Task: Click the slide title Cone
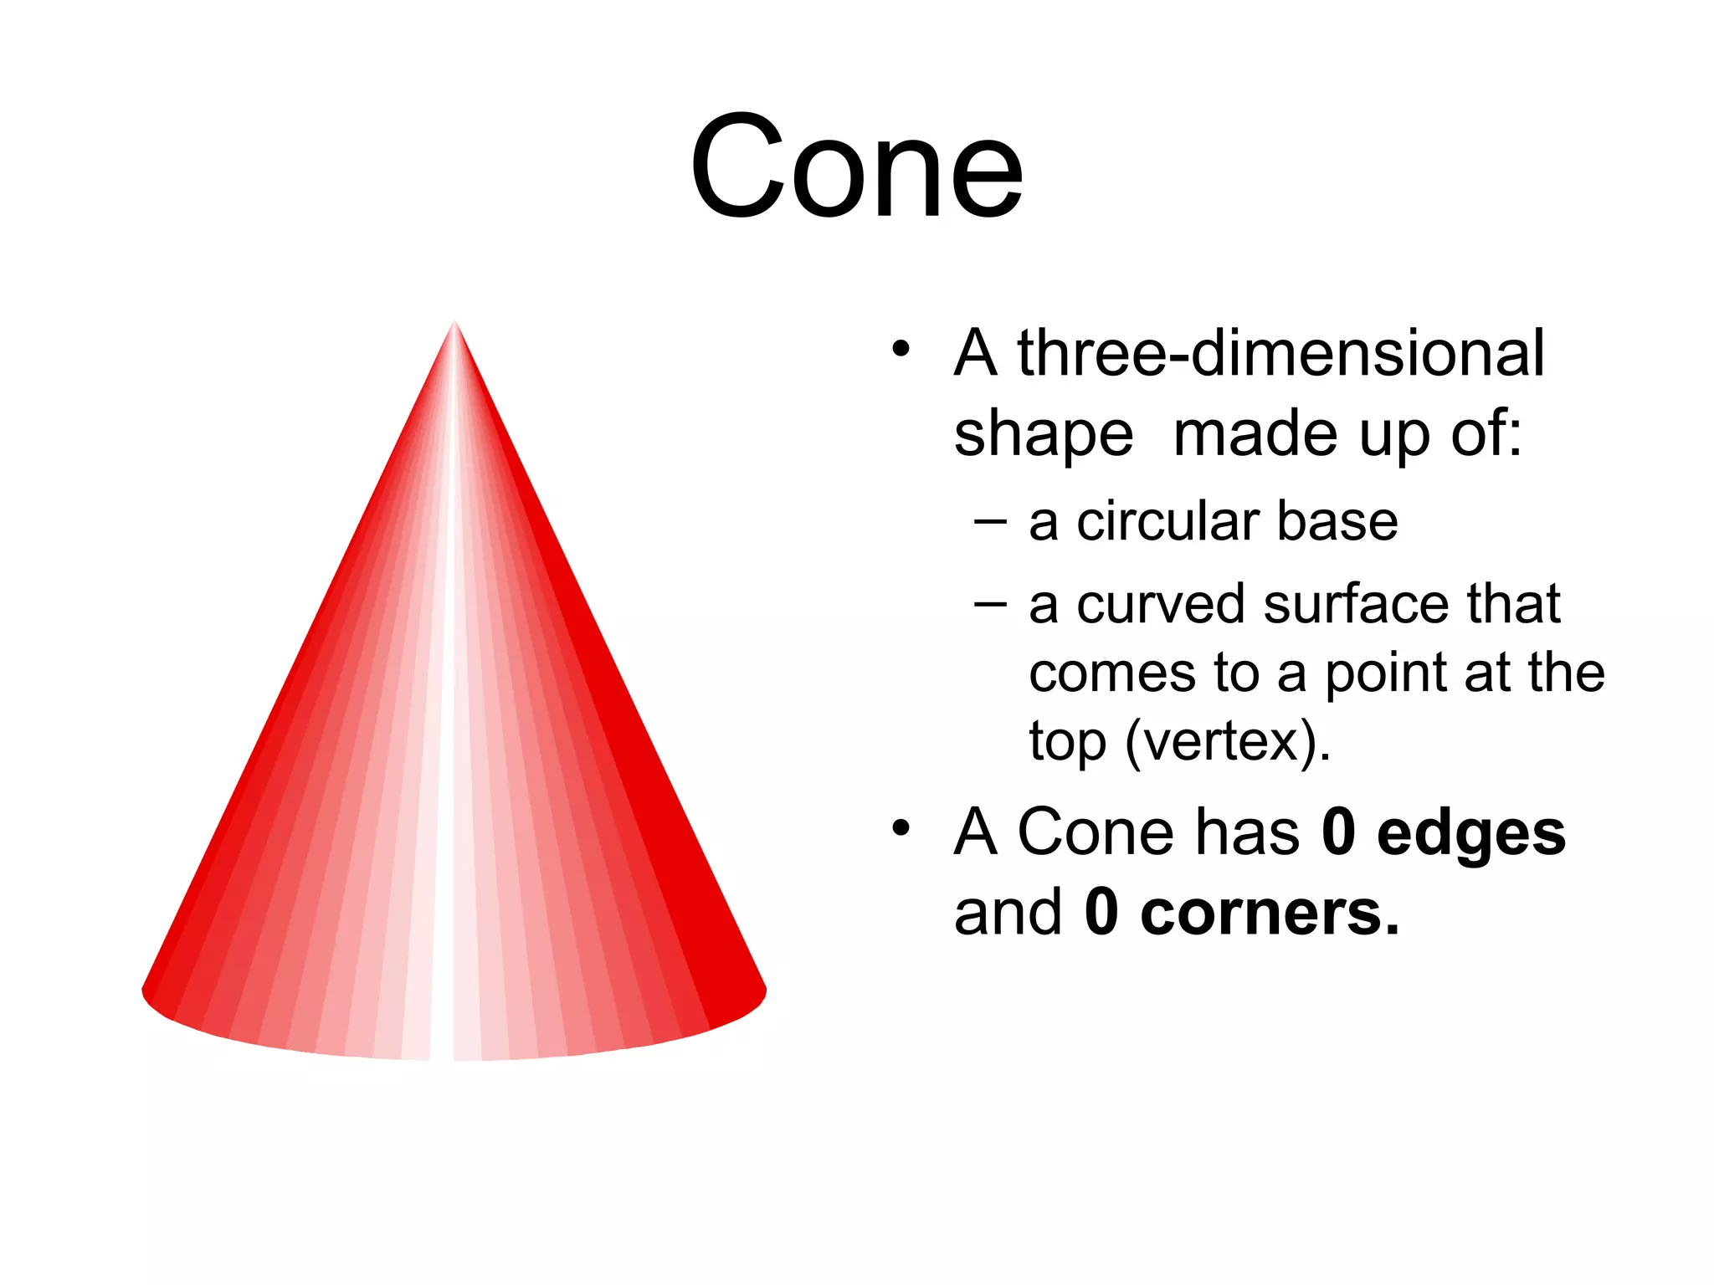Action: (x=856, y=167)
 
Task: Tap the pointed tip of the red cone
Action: (x=454, y=325)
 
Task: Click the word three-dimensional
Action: (x=1280, y=353)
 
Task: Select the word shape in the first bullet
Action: (x=1043, y=435)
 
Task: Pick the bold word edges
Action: (x=1470, y=834)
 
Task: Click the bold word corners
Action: (x=1268, y=913)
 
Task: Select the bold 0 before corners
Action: (x=1101, y=913)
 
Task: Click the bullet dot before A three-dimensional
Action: (x=900, y=348)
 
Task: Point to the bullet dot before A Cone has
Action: (x=900, y=828)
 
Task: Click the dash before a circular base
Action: (x=991, y=522)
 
